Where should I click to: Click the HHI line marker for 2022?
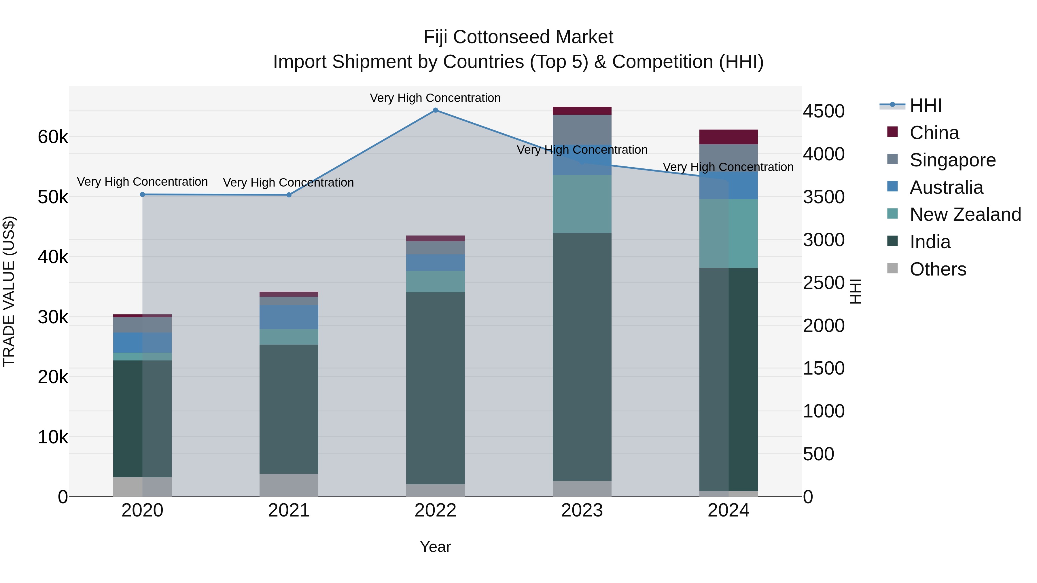[435, 110]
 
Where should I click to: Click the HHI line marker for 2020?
[143, 194]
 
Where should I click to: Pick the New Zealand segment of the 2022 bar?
[435, 281]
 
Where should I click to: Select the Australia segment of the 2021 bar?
[289, 317]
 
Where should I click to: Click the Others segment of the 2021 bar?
[289, 485]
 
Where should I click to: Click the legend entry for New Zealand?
[965, 214]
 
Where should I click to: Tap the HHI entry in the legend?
[925, 105]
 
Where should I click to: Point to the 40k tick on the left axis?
[53, 257]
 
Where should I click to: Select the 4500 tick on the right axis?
[824, 111]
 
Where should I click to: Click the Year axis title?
[435, 547]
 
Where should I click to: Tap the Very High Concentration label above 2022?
[435, 98]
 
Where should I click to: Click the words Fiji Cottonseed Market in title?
[518, 37]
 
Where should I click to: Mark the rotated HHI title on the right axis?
[855, 291]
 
